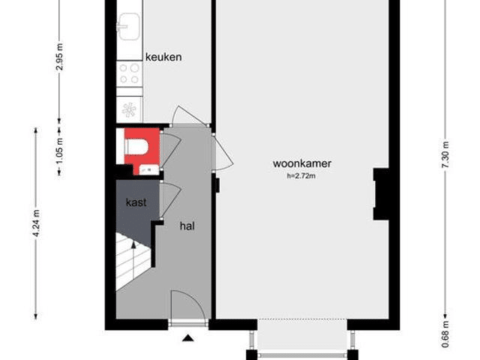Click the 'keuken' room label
coord(163,57)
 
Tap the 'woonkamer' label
coord(302,163)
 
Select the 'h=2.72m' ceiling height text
coord(301,176)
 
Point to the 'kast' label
coord(136,202)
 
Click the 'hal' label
coord(187,226)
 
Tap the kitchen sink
coord(129,26)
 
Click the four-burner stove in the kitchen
coord(129,73)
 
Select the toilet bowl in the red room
coord(136,147)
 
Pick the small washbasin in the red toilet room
coord(149,169)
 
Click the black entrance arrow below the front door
coord(188,338)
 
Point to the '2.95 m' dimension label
coord(60,57)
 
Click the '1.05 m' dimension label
coord(60,151)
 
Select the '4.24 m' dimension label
coord(36,223)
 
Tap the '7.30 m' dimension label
coord(445,154)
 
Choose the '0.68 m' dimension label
coord(445,334)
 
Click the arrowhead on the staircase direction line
coord(133,244)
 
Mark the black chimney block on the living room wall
coord(381,194)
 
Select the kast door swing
coord(170,200)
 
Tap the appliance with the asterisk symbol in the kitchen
coord(129,109)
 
